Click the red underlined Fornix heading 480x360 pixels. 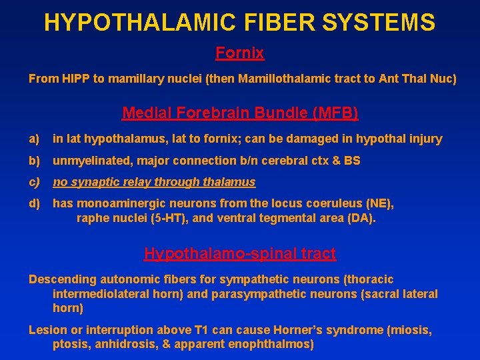[x=239, y=52]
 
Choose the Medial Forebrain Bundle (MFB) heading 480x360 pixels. [x=240, y=113]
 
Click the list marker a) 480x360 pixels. [x=34, y=139]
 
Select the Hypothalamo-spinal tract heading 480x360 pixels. [x=240, y=253]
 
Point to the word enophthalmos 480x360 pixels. [x=273, y=344]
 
